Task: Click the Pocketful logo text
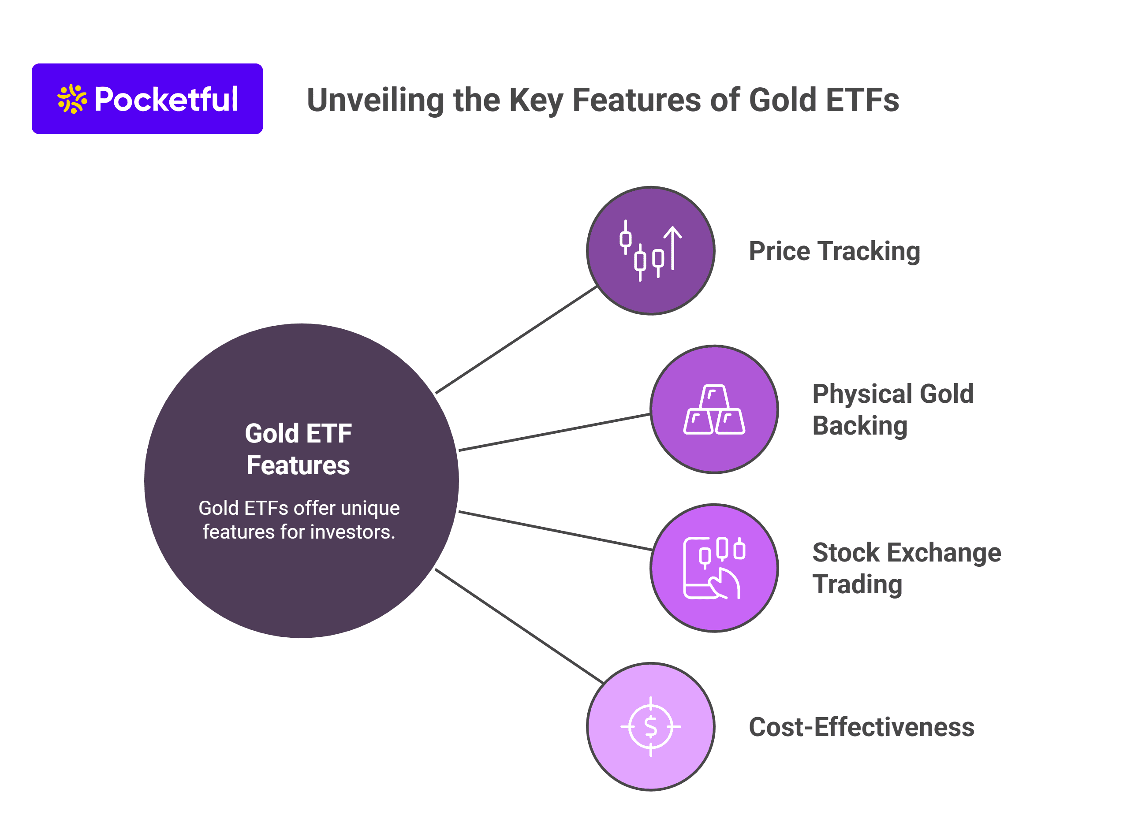(x=166, y=99)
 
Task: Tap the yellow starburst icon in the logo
(x=72, y=99)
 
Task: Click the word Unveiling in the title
(x=375, y=100)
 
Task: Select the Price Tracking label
(x=834, y=251)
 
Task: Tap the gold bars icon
(x=714, y=409)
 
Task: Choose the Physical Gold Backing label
(x=893, y=409)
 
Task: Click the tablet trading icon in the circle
(x=714, y=568)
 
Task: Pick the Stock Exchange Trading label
(x=907, y=568)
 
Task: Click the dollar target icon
(x=651, y=726)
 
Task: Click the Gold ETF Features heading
(x=298, y=449)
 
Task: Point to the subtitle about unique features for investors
(x=299, y=520)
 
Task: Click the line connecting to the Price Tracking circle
(x=516, y=340)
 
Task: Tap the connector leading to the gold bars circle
(x=555, y=432)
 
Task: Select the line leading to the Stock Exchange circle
(x=556, y=530)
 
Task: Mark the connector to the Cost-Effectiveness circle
(x=519, y=626)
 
